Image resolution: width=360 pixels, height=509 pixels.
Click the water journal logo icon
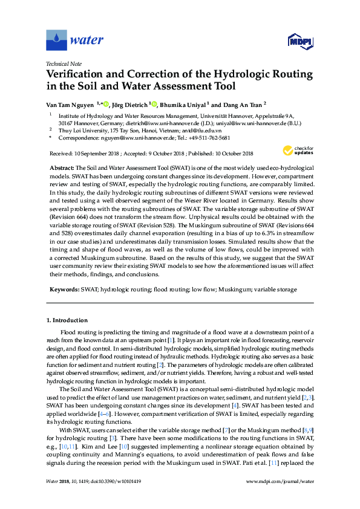coord(56,40)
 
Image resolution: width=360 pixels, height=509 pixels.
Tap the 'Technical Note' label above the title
coord(63,63)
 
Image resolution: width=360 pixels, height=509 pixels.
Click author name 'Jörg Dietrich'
coord(129,104)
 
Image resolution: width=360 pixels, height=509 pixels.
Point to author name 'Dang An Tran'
coord(241,104)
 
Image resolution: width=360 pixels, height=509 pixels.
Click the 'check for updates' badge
coord(296,149)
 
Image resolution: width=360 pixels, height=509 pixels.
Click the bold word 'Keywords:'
coord(63,290)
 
